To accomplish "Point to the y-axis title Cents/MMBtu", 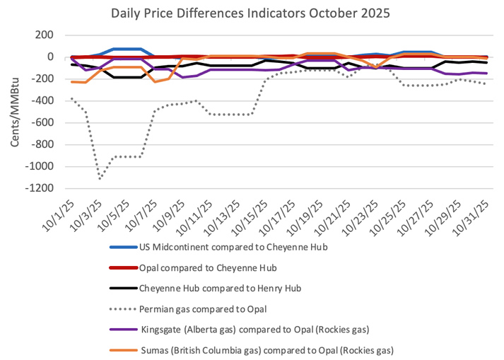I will coord(15,112).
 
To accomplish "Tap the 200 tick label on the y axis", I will coord(45,35).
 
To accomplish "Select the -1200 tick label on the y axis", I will coord(40,189).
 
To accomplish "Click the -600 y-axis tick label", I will coord(42,123).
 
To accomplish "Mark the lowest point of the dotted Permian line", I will coord(100,178).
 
